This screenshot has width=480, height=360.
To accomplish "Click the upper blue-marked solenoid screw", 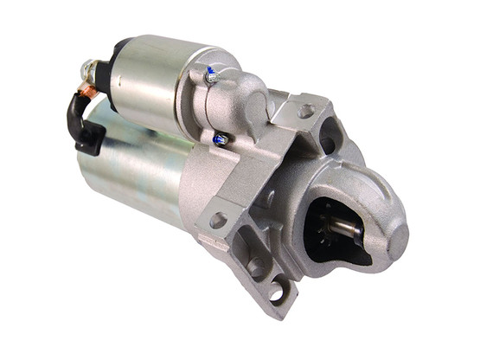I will click(210, 77).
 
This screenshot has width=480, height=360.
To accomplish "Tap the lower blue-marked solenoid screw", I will click(221, 138).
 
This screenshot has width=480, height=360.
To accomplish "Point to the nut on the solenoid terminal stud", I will click(89, 67).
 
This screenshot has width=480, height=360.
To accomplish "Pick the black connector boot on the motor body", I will click(90, 138).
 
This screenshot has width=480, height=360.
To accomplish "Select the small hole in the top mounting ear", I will click(304, 111).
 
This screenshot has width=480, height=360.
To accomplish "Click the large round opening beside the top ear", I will click(329, 138).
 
